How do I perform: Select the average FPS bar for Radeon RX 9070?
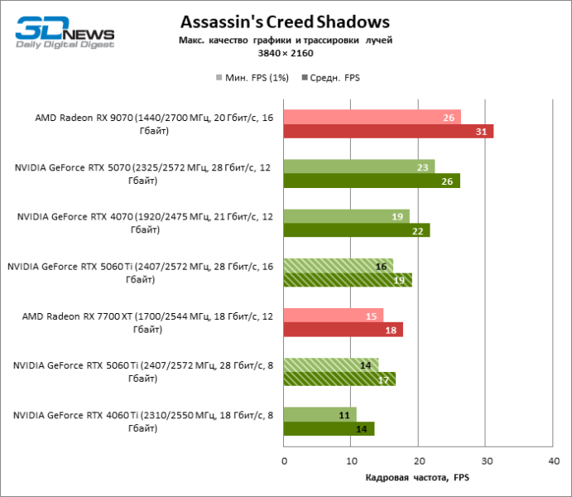pyautogui.click(x=388, y=131)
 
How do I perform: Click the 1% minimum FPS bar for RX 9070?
pyautogui.click(x=372, y=117)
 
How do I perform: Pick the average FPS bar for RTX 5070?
pyautogui.click(x=372, y=181)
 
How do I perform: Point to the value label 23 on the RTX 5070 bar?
pyautogui.click(x=422, y=166)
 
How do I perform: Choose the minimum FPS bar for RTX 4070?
pyautogui.click(x=346, y=216)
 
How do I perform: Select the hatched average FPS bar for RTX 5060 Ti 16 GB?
pyautogui.click(x=348, y=280)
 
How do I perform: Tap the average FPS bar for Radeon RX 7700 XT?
pyautogui.click(x=343, y=330)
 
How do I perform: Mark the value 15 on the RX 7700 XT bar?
pyautogui.click(x=372, y=316)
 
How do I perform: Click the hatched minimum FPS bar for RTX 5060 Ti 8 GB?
pyautogui.click(x=331, y=365)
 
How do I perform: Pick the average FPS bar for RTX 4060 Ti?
pyautogui.click(x=329, y=429)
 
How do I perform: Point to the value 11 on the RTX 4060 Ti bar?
pyautogui.click(x=344, y=415)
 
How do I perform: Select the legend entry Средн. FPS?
pyautogui.click(x=334, y=78)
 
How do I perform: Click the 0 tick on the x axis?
pyautogui.click(x=284, y=461)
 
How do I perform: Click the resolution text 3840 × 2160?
pyautogui.click(x=285, y=52)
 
